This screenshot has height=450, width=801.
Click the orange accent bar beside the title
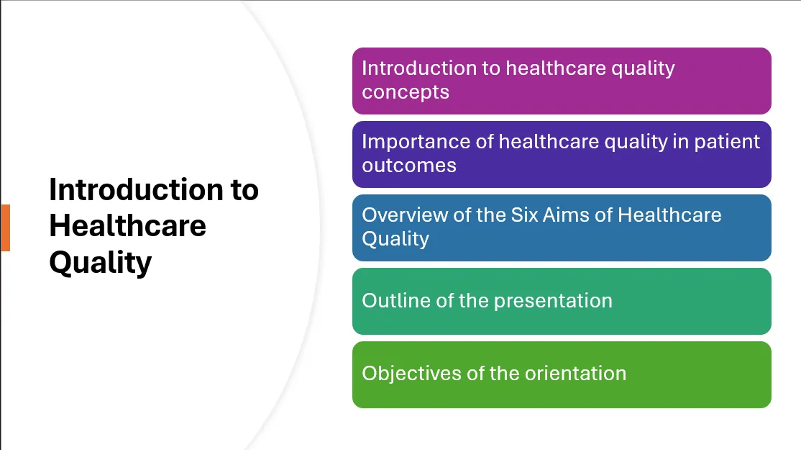pos(5,228)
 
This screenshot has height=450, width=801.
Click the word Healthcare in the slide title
pos(128,225)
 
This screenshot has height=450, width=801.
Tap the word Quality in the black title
pos(101,263)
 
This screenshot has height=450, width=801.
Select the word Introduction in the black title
pos(137,189)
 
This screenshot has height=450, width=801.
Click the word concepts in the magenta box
pos(406,93)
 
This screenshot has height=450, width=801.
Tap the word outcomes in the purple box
pos(409,166)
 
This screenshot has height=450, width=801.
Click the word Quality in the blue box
pos(396,239)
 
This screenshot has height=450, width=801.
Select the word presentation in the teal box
pos(553,301)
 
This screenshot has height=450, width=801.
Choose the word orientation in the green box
pos(576,374)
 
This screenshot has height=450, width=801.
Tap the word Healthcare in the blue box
pos(669,215)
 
